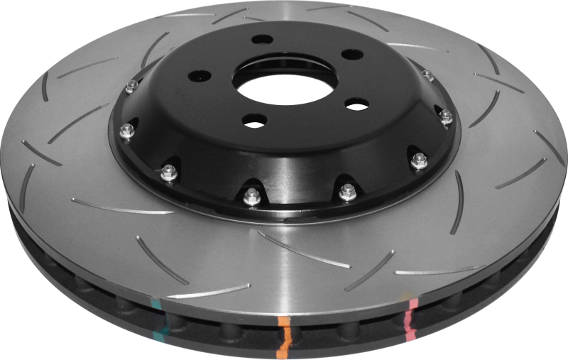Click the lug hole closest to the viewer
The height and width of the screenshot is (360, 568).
pyautogui.click(x=253, y=121)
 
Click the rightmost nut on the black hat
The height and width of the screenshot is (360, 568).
pyautogui.click(x=446, y=117)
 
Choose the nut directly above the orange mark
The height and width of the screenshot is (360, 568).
pyautogui.click(x=251, y=195)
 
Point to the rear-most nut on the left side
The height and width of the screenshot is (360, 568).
pyautogui.click(x=131, y=87)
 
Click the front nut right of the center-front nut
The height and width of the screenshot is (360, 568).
pyautogui.click(x=347, y=190)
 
